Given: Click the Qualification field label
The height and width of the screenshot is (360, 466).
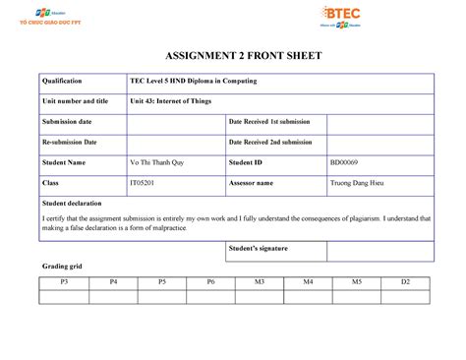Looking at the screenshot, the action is tap(62, 81).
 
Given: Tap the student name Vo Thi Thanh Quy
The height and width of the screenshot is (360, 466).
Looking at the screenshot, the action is tap(160, 161).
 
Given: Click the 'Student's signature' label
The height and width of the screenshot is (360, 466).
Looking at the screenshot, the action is tap(259, 249).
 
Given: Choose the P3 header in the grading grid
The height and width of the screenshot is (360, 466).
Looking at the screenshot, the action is tap(64, 282).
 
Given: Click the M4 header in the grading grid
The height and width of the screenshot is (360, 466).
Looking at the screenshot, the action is tap(307, 282).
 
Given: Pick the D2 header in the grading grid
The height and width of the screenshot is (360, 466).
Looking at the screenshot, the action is tap(404, 282).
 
